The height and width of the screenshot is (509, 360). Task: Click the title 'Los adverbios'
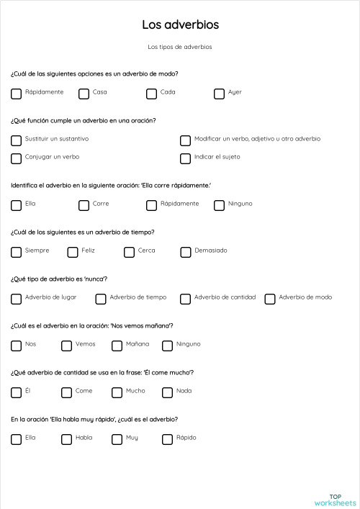pos(180,25)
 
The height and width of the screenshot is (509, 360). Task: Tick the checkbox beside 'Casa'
pos(84,93)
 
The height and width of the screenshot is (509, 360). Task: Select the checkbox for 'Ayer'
pos(219,93)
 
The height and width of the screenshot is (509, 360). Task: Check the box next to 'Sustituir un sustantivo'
pos(16,140)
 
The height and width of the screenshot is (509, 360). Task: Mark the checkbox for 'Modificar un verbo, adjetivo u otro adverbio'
pos(185,140)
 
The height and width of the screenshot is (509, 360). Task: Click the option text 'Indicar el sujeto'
pos(217,157)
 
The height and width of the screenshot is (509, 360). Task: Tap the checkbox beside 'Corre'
pos(84,205)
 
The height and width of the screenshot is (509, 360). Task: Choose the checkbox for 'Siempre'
pos(16,252)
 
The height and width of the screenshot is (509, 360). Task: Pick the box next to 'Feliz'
pos(73,252)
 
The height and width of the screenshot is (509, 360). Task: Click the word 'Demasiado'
pos(210,251)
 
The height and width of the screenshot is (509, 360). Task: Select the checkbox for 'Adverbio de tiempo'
pos(101,299)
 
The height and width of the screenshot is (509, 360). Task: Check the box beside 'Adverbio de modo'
pos(270,299)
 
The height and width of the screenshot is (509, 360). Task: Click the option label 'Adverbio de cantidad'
pos(225,297)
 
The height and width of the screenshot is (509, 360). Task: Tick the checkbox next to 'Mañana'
pos(117,346)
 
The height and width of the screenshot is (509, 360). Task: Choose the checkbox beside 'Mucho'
pos(117,392)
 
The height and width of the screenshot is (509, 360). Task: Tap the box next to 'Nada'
pos(167,392)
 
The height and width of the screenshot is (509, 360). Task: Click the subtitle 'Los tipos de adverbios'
pos(180,48)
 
